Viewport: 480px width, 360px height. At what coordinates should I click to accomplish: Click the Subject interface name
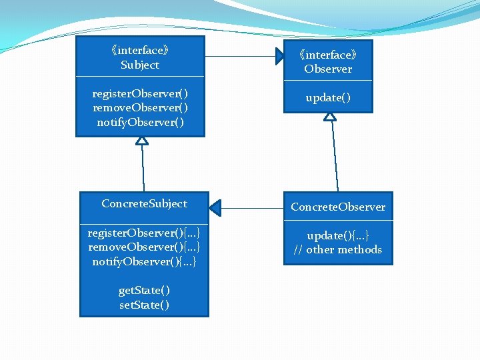[140, 65]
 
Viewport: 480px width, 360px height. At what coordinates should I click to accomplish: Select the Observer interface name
[328, 69]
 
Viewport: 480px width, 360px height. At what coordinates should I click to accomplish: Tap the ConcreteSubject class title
[144, 204]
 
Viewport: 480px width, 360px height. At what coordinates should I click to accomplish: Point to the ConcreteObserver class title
[338, 207]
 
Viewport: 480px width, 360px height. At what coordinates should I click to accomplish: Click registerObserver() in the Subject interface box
[140, 93]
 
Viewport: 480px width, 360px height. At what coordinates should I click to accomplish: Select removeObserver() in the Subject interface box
[140, 108]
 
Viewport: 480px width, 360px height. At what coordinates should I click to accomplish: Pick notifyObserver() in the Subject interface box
[140, 123]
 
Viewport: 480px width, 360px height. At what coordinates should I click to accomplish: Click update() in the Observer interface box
[328, 98]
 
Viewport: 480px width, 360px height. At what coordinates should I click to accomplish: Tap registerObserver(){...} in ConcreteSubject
[144, 233]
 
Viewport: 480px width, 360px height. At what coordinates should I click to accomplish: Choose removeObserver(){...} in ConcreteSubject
[144, 247]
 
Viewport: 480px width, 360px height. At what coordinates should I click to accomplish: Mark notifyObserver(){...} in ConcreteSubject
[144, 262]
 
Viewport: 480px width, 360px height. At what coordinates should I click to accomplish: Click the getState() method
[144, 291]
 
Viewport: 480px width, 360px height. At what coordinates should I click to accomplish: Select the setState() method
[144, 305]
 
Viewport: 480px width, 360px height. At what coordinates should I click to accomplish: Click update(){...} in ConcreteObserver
[338, 236]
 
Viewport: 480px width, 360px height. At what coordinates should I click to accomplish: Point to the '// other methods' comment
[338, 250]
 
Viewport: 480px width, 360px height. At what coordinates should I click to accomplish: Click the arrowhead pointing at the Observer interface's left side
[281, 57]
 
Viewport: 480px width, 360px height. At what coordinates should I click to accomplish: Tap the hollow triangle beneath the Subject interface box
[142, 140]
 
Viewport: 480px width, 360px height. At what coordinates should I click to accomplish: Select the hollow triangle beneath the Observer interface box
[330, 116]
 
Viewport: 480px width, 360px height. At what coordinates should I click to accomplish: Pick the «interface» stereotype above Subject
[140, 51]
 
